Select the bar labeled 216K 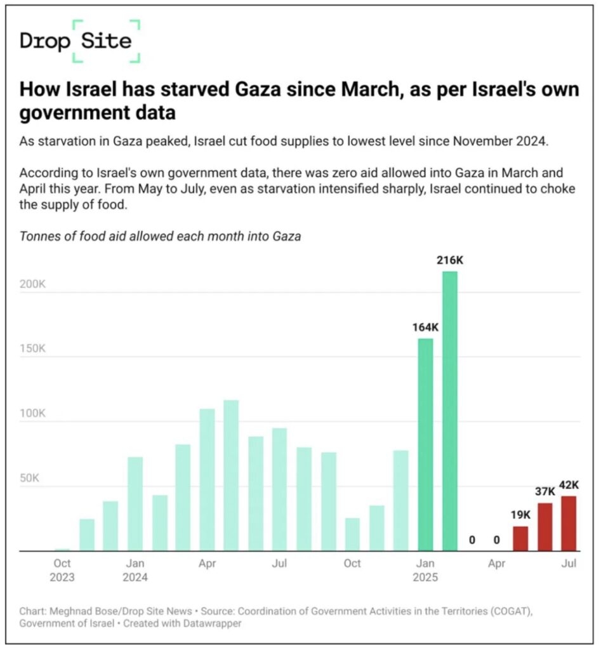[x=449, y=411]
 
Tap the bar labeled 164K [x=425, y=444]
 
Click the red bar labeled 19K [x=520, y=538]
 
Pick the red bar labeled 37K [x=545, y=527]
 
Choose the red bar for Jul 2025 [x=569, y=523]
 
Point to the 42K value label [x=569, y=485]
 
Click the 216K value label [x=449, y=260]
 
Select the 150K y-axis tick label [x=33, y=348]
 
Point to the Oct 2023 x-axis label [x=62, y=570]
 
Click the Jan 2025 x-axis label [x=425, y=570]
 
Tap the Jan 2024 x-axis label [x=135, y=570]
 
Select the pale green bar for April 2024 [x=207, y=479]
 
